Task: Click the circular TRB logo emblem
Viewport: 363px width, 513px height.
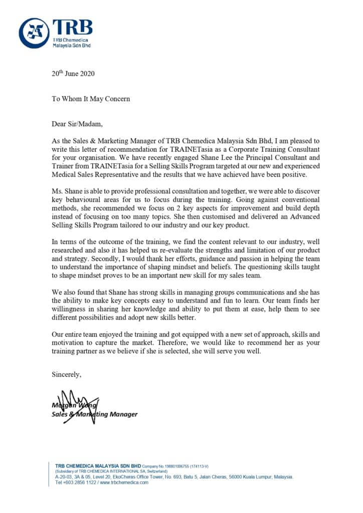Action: click(x=34, y=33)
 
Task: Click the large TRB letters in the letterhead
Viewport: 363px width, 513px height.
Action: click(x=72, y=28)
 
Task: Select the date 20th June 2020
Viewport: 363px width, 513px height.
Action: click(x=73, y=74)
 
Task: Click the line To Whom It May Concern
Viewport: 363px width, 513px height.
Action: click(x=91, y=99)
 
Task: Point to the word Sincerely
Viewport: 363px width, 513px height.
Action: click(x=67, y=374)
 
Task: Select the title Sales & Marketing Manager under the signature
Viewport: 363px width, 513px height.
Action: click(x=94, y=414)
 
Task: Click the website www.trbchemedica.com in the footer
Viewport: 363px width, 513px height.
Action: click(x=125, y=482)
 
